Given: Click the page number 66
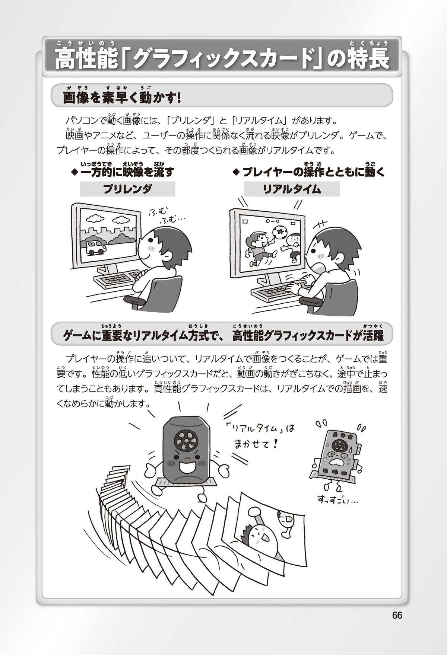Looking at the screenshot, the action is point(397,615).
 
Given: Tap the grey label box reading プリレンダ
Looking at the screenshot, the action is point(127,189).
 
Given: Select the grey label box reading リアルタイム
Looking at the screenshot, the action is point(292,189).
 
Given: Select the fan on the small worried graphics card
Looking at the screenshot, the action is point(340,445).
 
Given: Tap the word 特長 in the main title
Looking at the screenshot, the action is point(369,59).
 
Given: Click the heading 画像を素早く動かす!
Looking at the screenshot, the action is point(122,98).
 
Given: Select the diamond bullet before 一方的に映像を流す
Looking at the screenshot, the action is point(74,172).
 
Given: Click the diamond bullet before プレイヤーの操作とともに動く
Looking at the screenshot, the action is point(235,172).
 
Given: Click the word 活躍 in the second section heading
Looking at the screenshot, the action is point(371,336).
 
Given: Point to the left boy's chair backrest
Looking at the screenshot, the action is point(164,294).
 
